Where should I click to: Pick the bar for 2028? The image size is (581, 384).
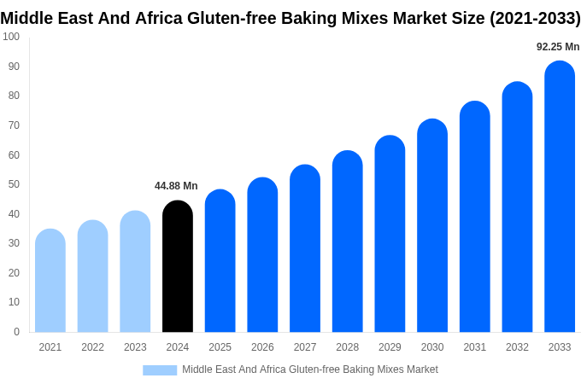[348, 242]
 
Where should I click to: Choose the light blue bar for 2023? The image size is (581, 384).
[135, 272]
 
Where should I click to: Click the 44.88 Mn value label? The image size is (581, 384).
[176, 186]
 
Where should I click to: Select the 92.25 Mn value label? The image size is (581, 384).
[558, 47]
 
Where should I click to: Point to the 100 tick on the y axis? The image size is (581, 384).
[11, 37]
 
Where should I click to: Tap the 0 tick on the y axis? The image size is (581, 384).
[16, 332]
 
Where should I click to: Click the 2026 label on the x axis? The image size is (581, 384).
[262, 347]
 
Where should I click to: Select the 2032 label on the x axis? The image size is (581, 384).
[517, 347]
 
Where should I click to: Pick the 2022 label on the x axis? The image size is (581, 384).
[92, 347]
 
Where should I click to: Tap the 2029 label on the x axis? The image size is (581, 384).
[390, 347]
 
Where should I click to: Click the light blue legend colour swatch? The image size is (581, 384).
[160, 370]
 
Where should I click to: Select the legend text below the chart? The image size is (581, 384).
[310, 369]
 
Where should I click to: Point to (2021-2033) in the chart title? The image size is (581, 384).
[535, 19]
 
